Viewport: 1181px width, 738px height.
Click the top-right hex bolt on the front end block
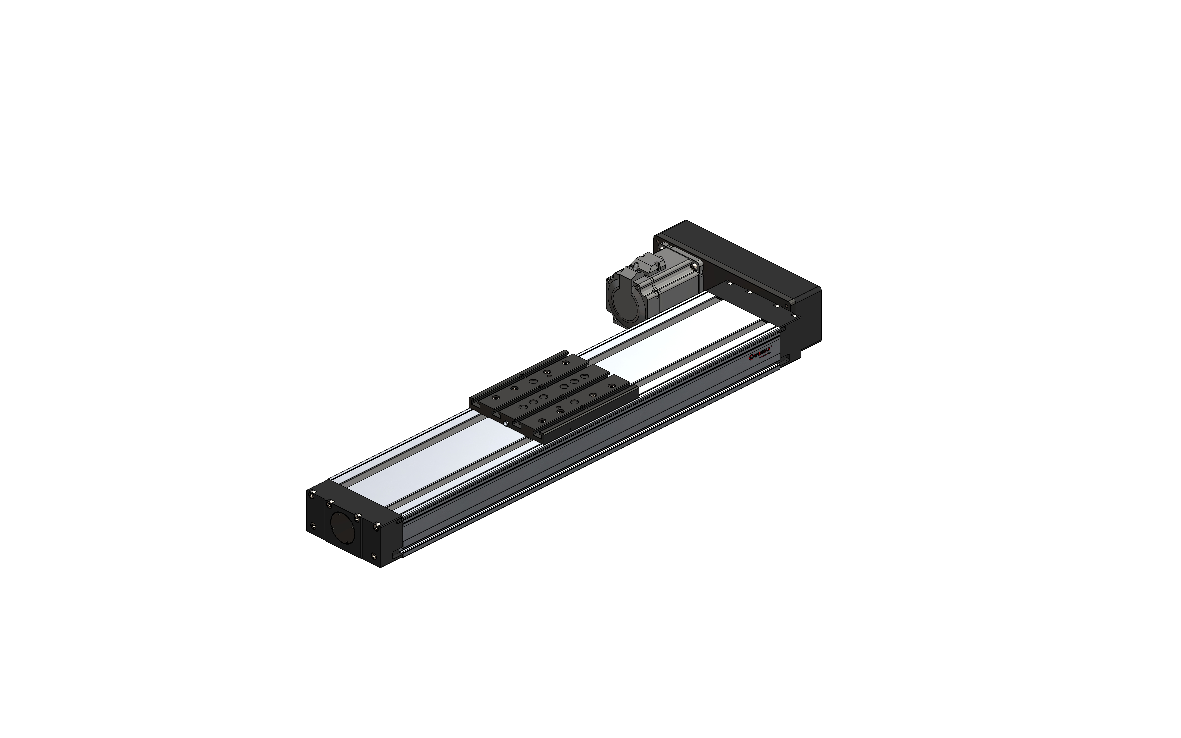(x=376, y=526)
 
